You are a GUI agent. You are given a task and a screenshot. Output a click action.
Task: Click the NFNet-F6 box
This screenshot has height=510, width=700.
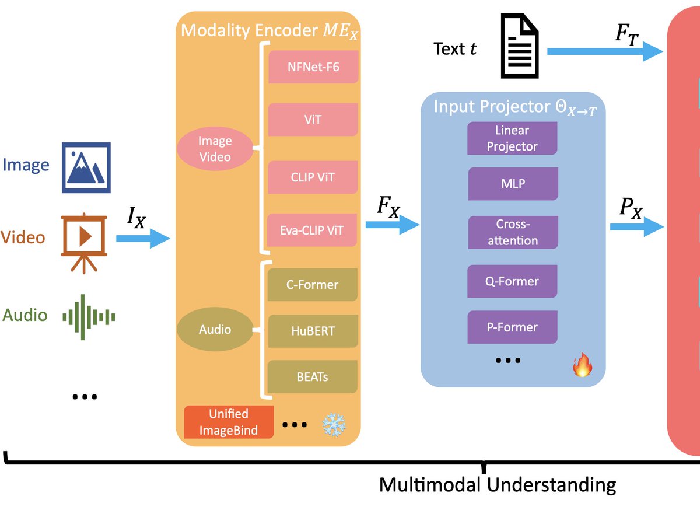point(313,67)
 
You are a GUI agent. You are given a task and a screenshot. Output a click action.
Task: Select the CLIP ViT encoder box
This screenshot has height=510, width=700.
point(313,177)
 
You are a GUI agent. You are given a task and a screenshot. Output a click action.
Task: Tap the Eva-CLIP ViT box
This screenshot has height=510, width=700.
point(313,230)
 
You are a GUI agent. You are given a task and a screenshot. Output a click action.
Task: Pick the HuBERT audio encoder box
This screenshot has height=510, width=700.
point(313,330)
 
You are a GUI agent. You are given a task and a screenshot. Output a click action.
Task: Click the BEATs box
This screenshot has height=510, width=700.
point(313,376)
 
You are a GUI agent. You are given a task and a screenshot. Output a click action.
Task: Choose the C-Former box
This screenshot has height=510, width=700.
point(313,285)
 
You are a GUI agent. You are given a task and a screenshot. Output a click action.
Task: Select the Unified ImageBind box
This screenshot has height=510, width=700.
point(229,422)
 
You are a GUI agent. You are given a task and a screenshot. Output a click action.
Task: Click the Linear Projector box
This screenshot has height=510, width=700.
point(512,138)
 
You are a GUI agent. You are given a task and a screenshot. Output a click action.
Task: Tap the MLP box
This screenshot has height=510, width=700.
point(513,183)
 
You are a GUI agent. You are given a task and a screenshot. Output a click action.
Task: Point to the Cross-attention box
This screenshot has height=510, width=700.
point(513,232)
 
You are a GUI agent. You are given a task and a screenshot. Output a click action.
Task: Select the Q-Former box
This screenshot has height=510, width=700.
point(513,281)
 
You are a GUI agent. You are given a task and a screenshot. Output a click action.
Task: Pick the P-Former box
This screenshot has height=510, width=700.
point(513,327)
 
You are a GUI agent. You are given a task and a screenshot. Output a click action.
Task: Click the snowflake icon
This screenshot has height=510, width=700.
point(334,425)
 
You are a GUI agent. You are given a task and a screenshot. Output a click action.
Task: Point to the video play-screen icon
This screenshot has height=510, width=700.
point(84,238)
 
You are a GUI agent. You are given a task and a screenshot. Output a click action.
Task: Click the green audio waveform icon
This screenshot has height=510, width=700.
point(89,317)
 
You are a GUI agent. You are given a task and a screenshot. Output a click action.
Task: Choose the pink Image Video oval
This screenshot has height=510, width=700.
point(215,149)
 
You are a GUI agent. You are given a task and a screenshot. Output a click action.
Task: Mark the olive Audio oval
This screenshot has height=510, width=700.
point(215,330)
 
